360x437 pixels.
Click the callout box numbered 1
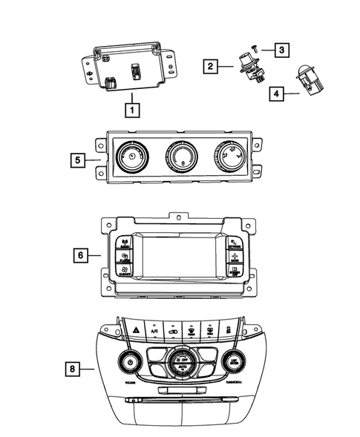click(131, 111)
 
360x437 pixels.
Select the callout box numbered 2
click(212, 67)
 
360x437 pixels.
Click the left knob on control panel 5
click(131, 158)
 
